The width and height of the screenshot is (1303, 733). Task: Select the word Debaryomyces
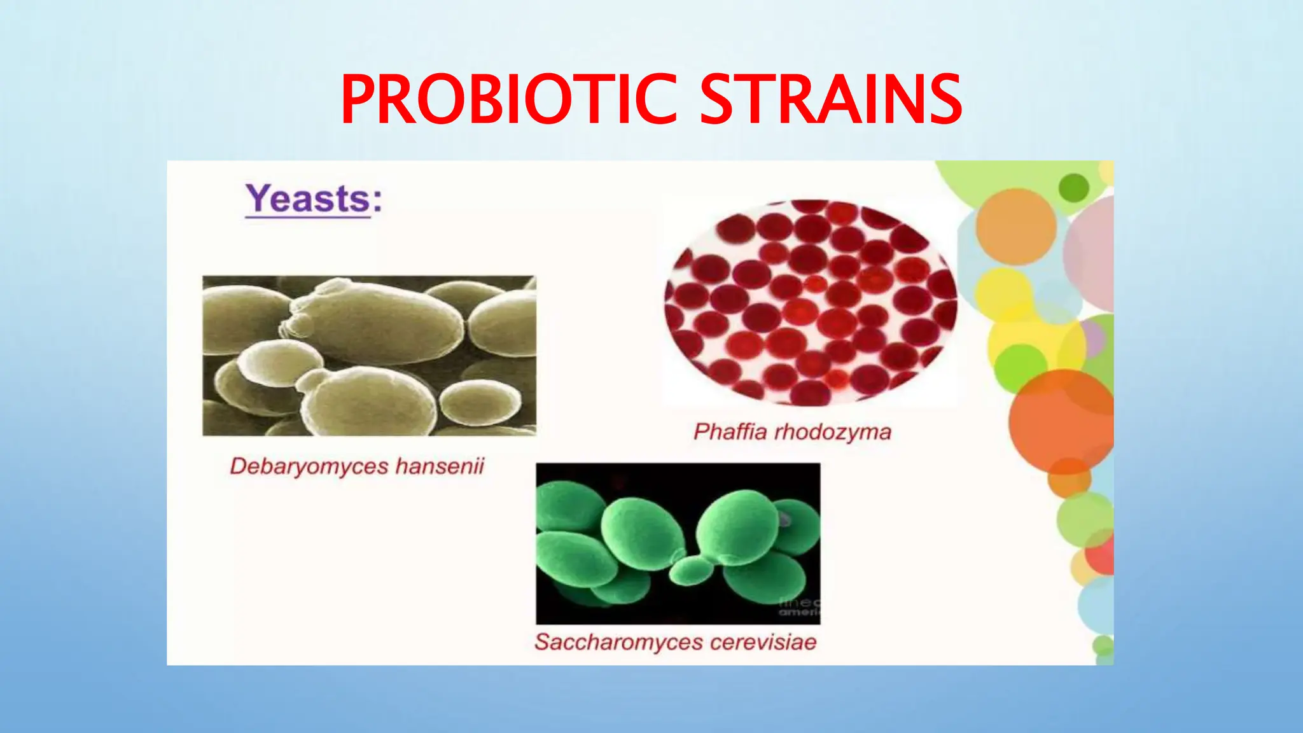(309, 466)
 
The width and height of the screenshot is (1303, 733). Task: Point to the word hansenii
(440, 466)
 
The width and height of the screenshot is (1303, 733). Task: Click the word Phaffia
(730, 432)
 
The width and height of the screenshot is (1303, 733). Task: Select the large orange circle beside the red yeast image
(1016, 227)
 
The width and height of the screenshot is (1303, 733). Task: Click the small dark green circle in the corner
(1074, 188)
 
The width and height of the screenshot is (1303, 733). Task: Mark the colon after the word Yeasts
(378, 200)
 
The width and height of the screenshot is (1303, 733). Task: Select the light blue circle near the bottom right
(1096, 604)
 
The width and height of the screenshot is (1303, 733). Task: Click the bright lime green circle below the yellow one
(1021, 368)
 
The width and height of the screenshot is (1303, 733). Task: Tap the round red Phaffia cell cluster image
(810, 302)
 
